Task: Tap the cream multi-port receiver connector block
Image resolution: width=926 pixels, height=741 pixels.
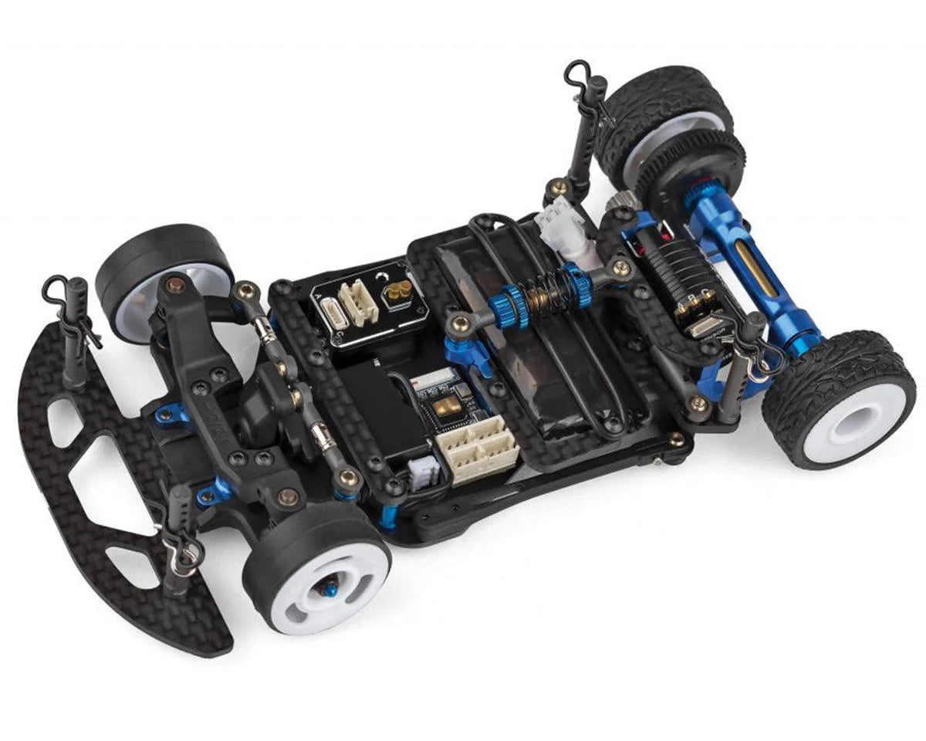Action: pos(475,449)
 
